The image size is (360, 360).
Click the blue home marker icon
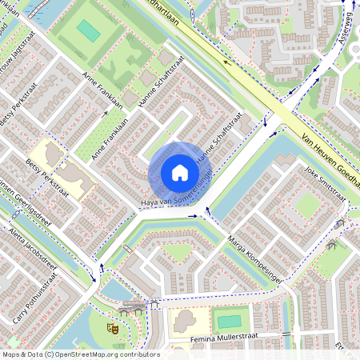pos(180,173)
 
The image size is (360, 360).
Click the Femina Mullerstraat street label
pos(227,339)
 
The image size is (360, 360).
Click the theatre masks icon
pos(113,326)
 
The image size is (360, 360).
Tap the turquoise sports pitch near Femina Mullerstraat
pos(229,322)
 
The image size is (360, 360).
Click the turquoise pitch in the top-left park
pos(88,31)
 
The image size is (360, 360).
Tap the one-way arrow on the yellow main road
pos(226,61)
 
